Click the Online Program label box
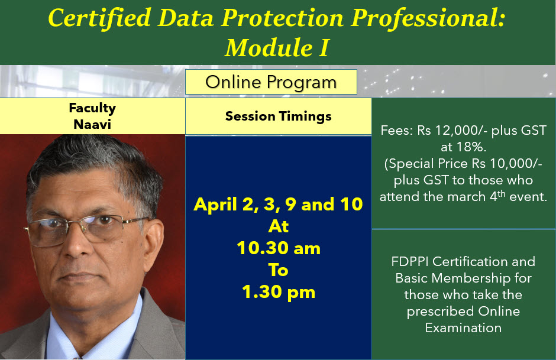[x=271, y=82]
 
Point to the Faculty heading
[x=92, y=108]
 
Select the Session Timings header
[x=278, y=116]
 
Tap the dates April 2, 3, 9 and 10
[x=278, y=205]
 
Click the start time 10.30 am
[x=278, y=248]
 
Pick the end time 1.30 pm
[x=278, y=291]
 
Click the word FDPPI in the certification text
[x=410, y=261]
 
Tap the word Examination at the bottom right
[x=463, y=327]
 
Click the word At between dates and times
[x=278, y=226]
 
